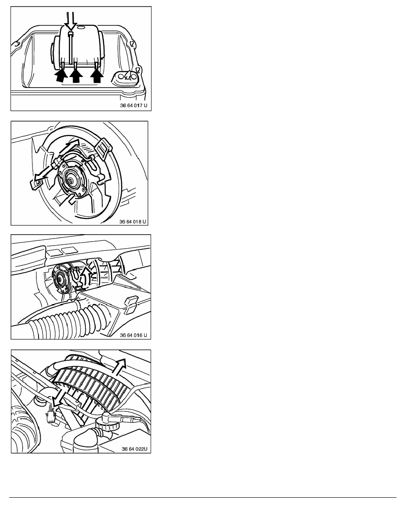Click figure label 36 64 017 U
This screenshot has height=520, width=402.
(133, 106)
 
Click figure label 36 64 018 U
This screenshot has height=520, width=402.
(133, 221)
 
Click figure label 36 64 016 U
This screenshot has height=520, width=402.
(133, 335)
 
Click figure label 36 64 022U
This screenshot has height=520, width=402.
(134, 449)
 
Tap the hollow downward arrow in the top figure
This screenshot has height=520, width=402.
(71, 21)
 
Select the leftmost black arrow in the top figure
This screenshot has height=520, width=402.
(60, 74)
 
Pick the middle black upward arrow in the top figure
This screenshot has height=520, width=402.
(76, 75)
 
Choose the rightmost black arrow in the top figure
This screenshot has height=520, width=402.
(97, 75)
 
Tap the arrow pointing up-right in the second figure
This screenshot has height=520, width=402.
(69, 148)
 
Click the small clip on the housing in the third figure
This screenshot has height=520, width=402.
(130, 305)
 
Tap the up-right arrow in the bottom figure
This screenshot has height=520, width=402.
(119, 366)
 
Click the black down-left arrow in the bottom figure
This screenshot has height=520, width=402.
(60, 397)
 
